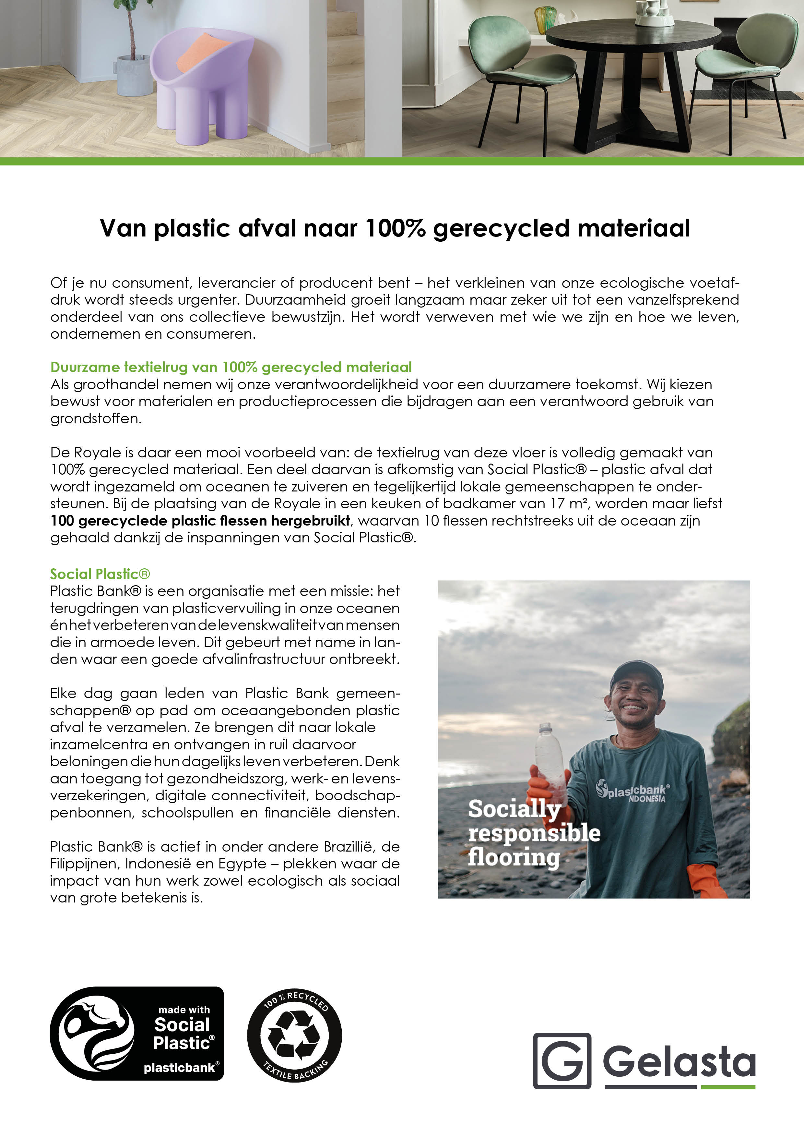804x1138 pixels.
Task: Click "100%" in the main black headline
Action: coord(395,228)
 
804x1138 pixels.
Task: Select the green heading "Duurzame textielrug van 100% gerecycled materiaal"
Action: coord(231,367)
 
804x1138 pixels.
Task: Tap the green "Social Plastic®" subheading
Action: coord(100,574)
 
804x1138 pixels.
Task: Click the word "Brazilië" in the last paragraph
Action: coord(350,847)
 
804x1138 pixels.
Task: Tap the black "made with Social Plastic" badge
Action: coord(137,1034)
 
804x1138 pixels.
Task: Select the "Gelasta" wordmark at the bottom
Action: coord(679,1061)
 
